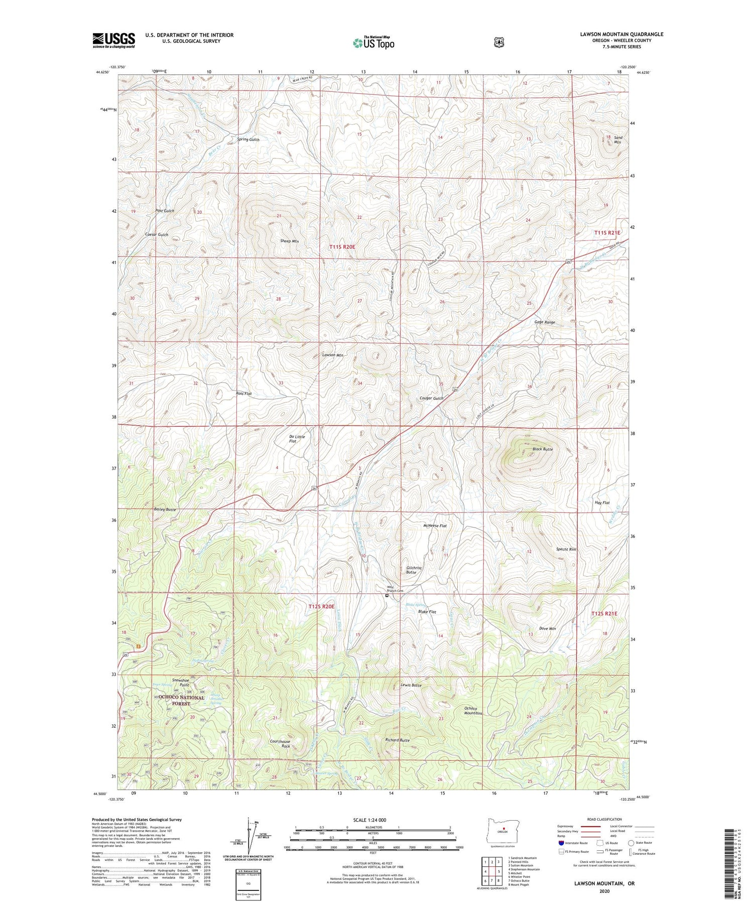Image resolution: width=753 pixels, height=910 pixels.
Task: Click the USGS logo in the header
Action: tap(113, 40)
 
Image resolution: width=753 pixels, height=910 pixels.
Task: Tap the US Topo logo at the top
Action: tap(373, 42)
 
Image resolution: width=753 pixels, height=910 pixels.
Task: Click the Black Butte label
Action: tap(543, 449)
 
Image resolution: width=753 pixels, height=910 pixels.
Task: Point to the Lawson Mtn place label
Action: tap(333, 355)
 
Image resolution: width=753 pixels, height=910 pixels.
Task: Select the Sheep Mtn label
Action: tap(289, 241)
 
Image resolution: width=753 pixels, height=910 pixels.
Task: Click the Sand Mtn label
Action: tap(617, 140)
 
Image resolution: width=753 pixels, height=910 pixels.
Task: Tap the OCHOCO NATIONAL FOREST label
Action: tap(182, 701)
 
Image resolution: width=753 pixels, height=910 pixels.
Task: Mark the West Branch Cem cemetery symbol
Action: tap(387, 596)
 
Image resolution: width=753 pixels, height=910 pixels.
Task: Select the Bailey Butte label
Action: tap(165, 509)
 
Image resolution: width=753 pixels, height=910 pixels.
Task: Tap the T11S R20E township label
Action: tap(342, 247)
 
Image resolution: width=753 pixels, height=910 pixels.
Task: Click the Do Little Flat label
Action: tap(297, 439)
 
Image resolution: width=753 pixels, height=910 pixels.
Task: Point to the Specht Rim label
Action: tap(566, 550)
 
